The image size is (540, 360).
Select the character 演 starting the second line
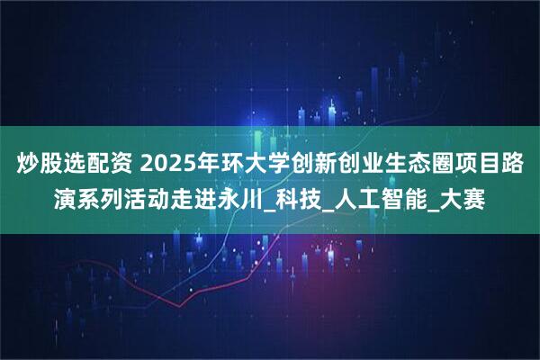click(x=68, y=195)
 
